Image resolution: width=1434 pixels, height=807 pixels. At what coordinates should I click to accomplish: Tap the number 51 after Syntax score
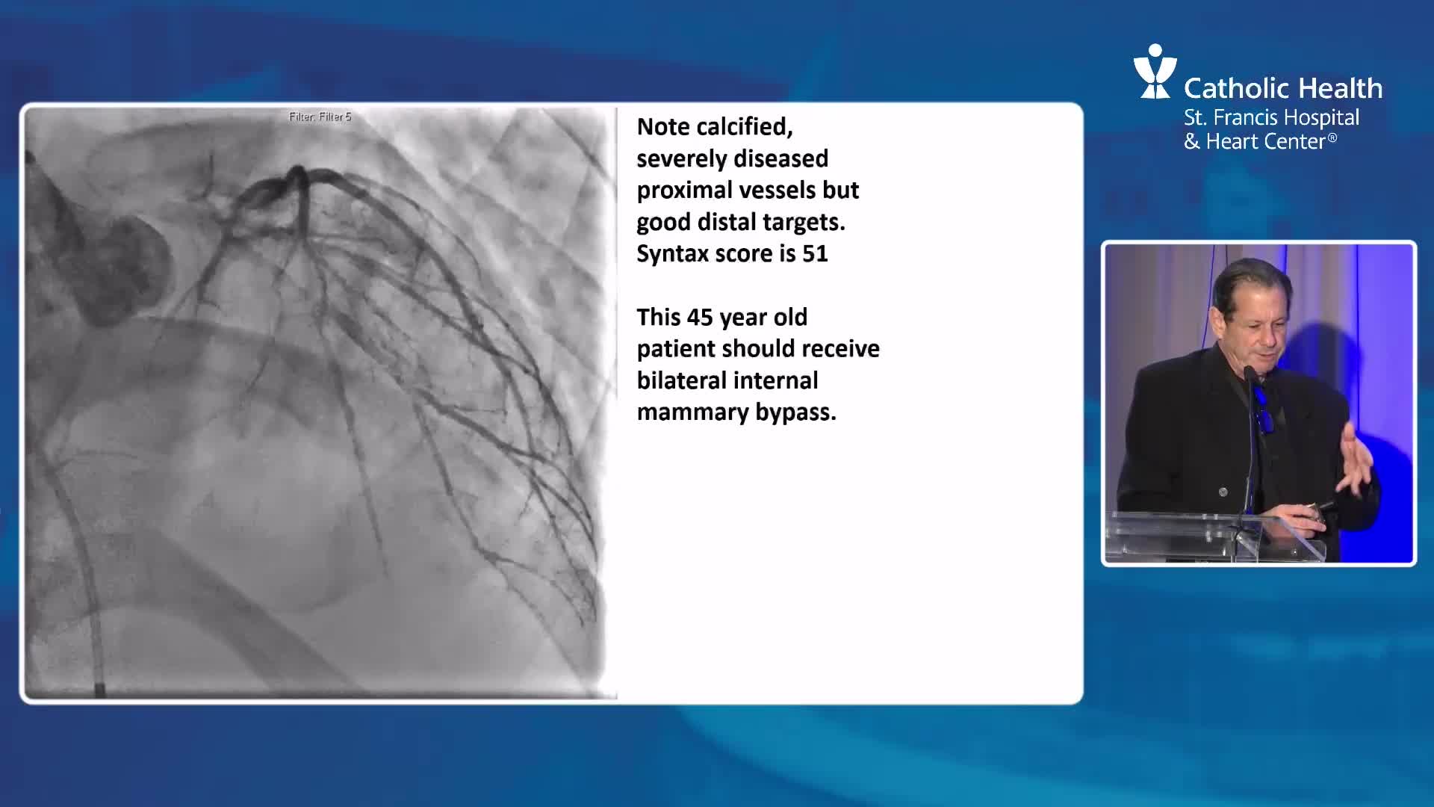pyautogui.click(x=815, y=254)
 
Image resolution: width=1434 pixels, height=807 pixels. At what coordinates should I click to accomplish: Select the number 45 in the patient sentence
pyautogui.click(x=700, y=318)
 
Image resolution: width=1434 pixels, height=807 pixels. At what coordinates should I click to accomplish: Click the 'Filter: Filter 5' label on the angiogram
pyautogui.click(x=320, y=117)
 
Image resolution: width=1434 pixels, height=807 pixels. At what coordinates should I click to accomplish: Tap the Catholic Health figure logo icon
pyautogui.click(x=1154, y=71)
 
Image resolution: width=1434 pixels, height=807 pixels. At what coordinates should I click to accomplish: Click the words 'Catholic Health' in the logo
pyautogui.click(x=1283, y=89)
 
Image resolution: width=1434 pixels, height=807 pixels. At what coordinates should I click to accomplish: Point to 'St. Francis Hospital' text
pyautogui.click(x=1271, y=118)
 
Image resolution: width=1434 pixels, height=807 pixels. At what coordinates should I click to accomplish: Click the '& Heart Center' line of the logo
pyautogui.click(x=1260, y=142)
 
